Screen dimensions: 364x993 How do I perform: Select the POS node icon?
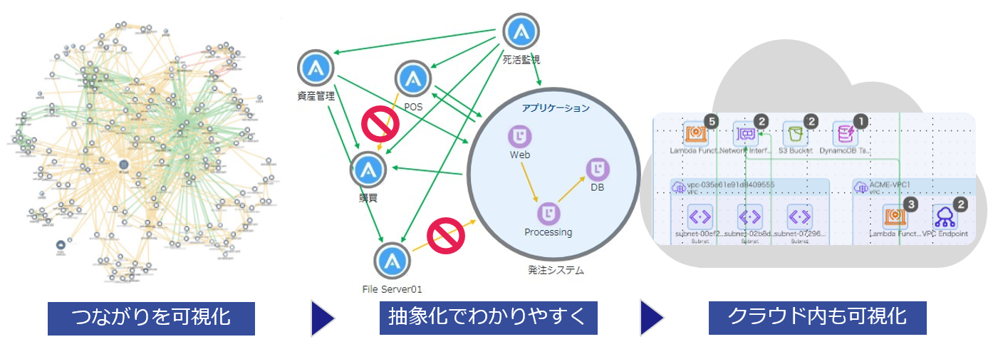412,78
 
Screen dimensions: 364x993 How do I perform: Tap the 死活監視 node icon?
521,32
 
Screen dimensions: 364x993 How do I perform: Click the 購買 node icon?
368,170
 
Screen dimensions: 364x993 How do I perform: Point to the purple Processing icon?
549,213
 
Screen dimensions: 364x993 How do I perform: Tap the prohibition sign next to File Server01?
446,235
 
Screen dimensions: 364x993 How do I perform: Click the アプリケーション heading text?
556,108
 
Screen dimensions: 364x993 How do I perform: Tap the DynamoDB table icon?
846,134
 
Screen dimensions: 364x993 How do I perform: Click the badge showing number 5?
712,122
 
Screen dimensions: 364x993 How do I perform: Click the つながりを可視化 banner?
151,318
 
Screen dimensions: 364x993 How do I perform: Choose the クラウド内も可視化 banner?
817,318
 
